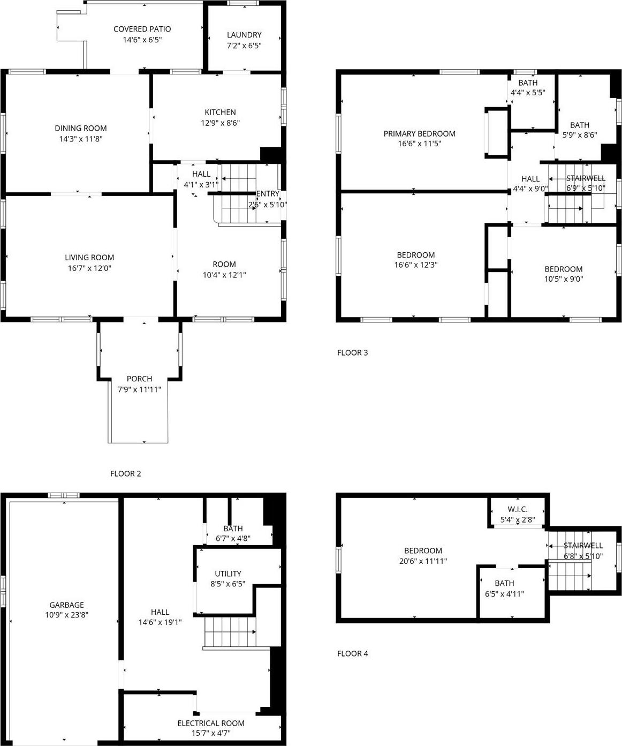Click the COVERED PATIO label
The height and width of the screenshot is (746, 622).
(142, 29)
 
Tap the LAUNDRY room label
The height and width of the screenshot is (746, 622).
(244, 35)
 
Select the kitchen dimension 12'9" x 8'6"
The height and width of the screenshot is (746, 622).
(220, 123)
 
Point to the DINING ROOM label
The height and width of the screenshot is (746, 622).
(81, 128)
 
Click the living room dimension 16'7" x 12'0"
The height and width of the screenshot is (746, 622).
(89, 268)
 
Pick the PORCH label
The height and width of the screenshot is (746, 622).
(139, 379)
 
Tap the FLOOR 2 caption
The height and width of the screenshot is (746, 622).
(125, 473)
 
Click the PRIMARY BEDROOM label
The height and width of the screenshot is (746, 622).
(419, 133)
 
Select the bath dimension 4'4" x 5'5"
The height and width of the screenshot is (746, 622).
(527, 93)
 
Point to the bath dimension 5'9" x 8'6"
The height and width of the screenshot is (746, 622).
(579, 135)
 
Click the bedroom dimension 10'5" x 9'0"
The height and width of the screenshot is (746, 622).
(563, 279)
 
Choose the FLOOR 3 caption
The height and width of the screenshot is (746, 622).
(352, 352)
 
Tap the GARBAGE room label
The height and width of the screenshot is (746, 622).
(66, 605)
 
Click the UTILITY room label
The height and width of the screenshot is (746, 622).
(228, 574)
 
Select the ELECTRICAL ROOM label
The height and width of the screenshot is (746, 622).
(211, 723)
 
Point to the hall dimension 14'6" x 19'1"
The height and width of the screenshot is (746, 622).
(160, 622)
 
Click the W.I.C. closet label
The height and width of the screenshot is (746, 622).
(518, 509)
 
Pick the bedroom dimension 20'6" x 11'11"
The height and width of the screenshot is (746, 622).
(423, 561)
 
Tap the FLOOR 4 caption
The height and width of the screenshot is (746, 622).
(352, 653)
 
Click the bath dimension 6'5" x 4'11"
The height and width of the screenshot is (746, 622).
(504, 593)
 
